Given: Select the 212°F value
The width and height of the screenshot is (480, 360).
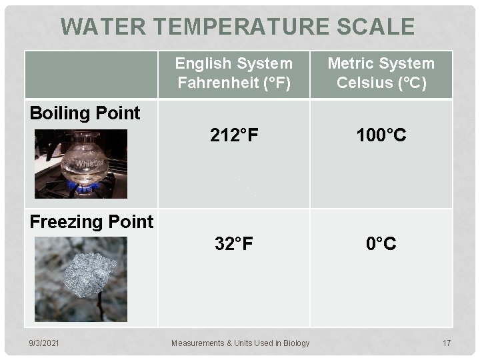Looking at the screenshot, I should (233, 136).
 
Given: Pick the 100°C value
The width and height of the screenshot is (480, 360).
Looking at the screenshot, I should (381, 136).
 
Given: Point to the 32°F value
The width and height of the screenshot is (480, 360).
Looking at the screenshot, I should (233, 244).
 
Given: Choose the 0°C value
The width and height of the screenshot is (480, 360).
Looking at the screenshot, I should (381, 244).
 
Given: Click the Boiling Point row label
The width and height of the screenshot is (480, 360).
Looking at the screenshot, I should (85, 113).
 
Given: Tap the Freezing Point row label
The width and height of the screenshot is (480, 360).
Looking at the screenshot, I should (91, 222).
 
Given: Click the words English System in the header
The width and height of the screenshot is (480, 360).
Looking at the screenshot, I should (233, 64).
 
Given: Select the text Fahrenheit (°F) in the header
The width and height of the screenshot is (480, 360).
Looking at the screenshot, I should (233, 83).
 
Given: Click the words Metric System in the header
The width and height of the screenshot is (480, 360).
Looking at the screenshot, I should (381, 64).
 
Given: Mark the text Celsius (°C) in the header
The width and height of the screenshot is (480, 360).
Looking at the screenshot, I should (381, 83).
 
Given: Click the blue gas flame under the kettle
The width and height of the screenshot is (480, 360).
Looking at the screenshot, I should (86, 187).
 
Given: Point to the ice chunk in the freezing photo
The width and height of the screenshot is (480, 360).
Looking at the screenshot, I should (89, 274).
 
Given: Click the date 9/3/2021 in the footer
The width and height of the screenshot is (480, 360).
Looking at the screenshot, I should (43, 343).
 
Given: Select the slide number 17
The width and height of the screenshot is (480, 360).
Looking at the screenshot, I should (447, 343).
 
